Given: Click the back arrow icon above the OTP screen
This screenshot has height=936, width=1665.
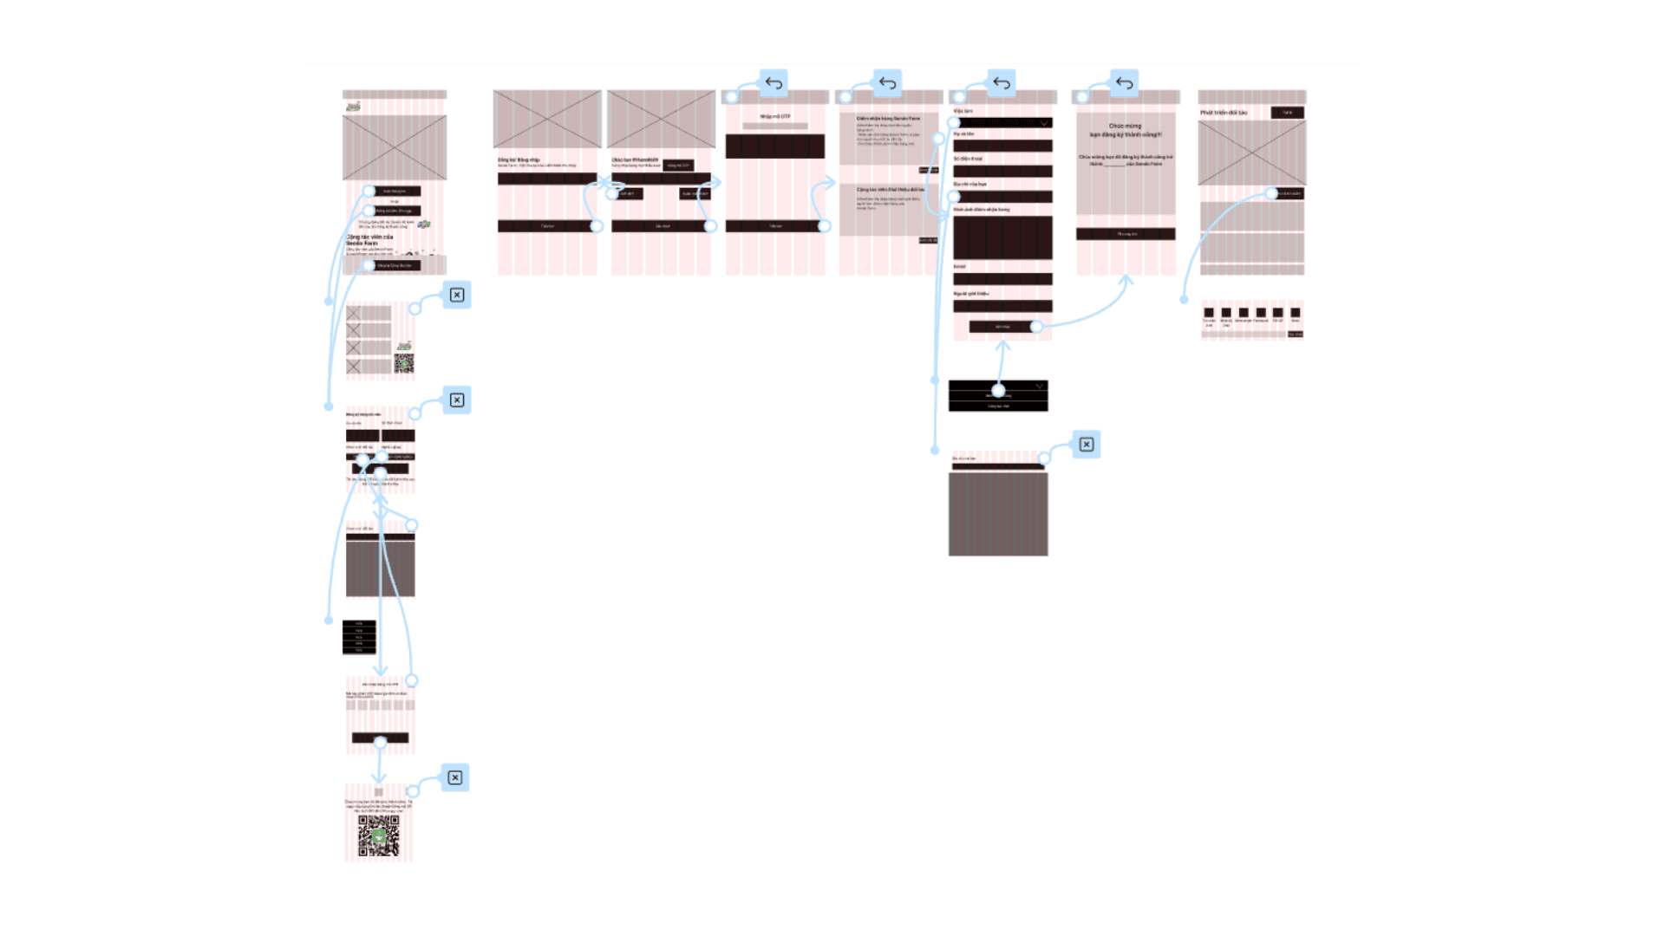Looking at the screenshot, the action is click(774, 83).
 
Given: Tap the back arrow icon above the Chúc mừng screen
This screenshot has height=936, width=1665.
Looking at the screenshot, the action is click(1124, 83).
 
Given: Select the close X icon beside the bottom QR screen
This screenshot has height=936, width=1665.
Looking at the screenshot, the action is click(455, 777).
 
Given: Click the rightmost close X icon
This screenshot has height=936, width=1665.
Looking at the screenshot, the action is click(1087, 445).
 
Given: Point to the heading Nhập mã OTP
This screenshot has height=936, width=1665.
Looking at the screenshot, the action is click(775, 116).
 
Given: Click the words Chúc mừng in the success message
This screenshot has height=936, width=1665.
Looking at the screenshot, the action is click(1125, 126).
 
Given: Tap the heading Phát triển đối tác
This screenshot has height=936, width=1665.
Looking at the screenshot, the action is click(1224, 113).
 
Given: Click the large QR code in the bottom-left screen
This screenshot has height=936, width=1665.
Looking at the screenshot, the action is click(379, 835).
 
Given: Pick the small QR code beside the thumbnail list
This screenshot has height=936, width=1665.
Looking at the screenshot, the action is click(404, 363).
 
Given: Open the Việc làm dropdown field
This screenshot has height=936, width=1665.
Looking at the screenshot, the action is click(1002, 123).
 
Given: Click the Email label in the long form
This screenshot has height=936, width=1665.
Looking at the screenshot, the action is click(960, 266).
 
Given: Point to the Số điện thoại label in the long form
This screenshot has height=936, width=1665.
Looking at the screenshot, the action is click(968, 159).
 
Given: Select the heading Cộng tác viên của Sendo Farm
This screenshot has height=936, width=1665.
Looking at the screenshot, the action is click(369, 239).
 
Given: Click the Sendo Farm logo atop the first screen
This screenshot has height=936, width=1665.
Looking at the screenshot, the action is click(353, 106).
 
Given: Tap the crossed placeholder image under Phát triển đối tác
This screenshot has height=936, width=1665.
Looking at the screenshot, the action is click(1251, 153).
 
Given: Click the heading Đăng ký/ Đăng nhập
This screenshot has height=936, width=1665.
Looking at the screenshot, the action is click(519, 160).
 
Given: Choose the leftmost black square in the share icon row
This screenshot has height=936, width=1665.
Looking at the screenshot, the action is click(1209, 313).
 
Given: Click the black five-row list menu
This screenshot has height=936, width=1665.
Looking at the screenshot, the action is click(359, 637).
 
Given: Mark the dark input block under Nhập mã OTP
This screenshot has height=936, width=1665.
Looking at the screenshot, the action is click(775, 146).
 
